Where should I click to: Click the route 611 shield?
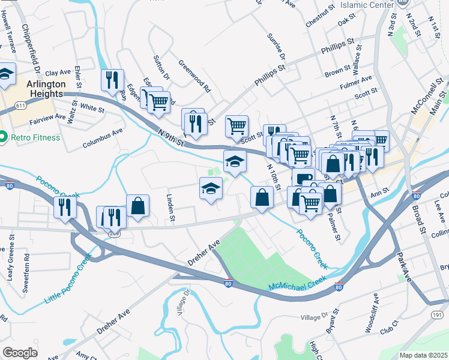coord(21,106)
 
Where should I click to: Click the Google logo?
coord(20,353)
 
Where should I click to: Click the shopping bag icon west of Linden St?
coord(137,205)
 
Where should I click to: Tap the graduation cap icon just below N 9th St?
coord(235,160)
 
